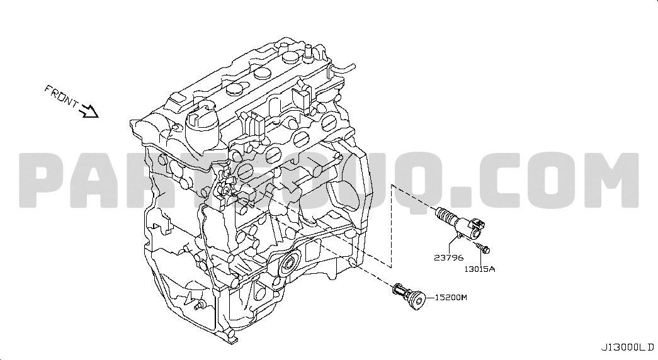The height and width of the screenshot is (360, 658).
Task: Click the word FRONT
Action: point(62,96)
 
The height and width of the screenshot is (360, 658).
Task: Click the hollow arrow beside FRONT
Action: point(89,111)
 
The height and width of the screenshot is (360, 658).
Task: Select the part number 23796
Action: point(448,257)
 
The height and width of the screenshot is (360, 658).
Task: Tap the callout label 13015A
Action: point(480,269)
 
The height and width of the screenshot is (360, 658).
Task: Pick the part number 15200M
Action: point(451,298)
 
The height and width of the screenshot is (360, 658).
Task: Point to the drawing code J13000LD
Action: point(627,347)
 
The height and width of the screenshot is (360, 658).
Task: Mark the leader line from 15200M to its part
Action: point(430,298)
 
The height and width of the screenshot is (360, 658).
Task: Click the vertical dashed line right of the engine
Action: point(392,226)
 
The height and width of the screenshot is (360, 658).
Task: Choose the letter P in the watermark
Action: point(46,181)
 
